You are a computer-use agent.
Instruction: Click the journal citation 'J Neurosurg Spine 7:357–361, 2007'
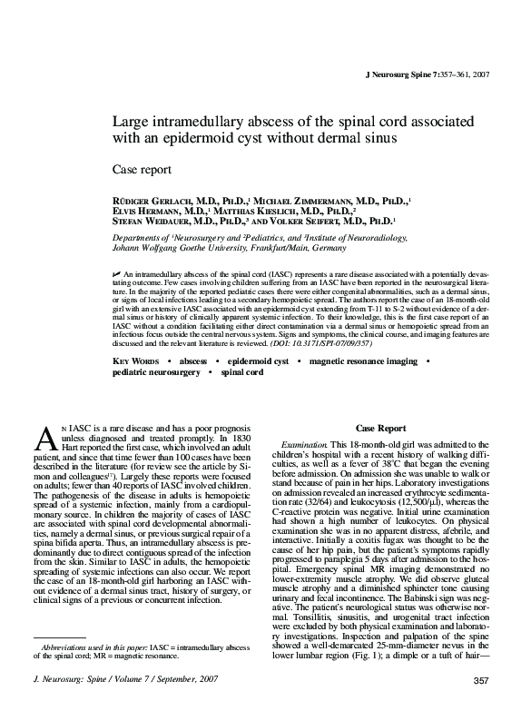(426, 72)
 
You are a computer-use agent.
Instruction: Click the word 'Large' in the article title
(131, 122)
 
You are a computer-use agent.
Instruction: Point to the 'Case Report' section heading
(380, 427)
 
